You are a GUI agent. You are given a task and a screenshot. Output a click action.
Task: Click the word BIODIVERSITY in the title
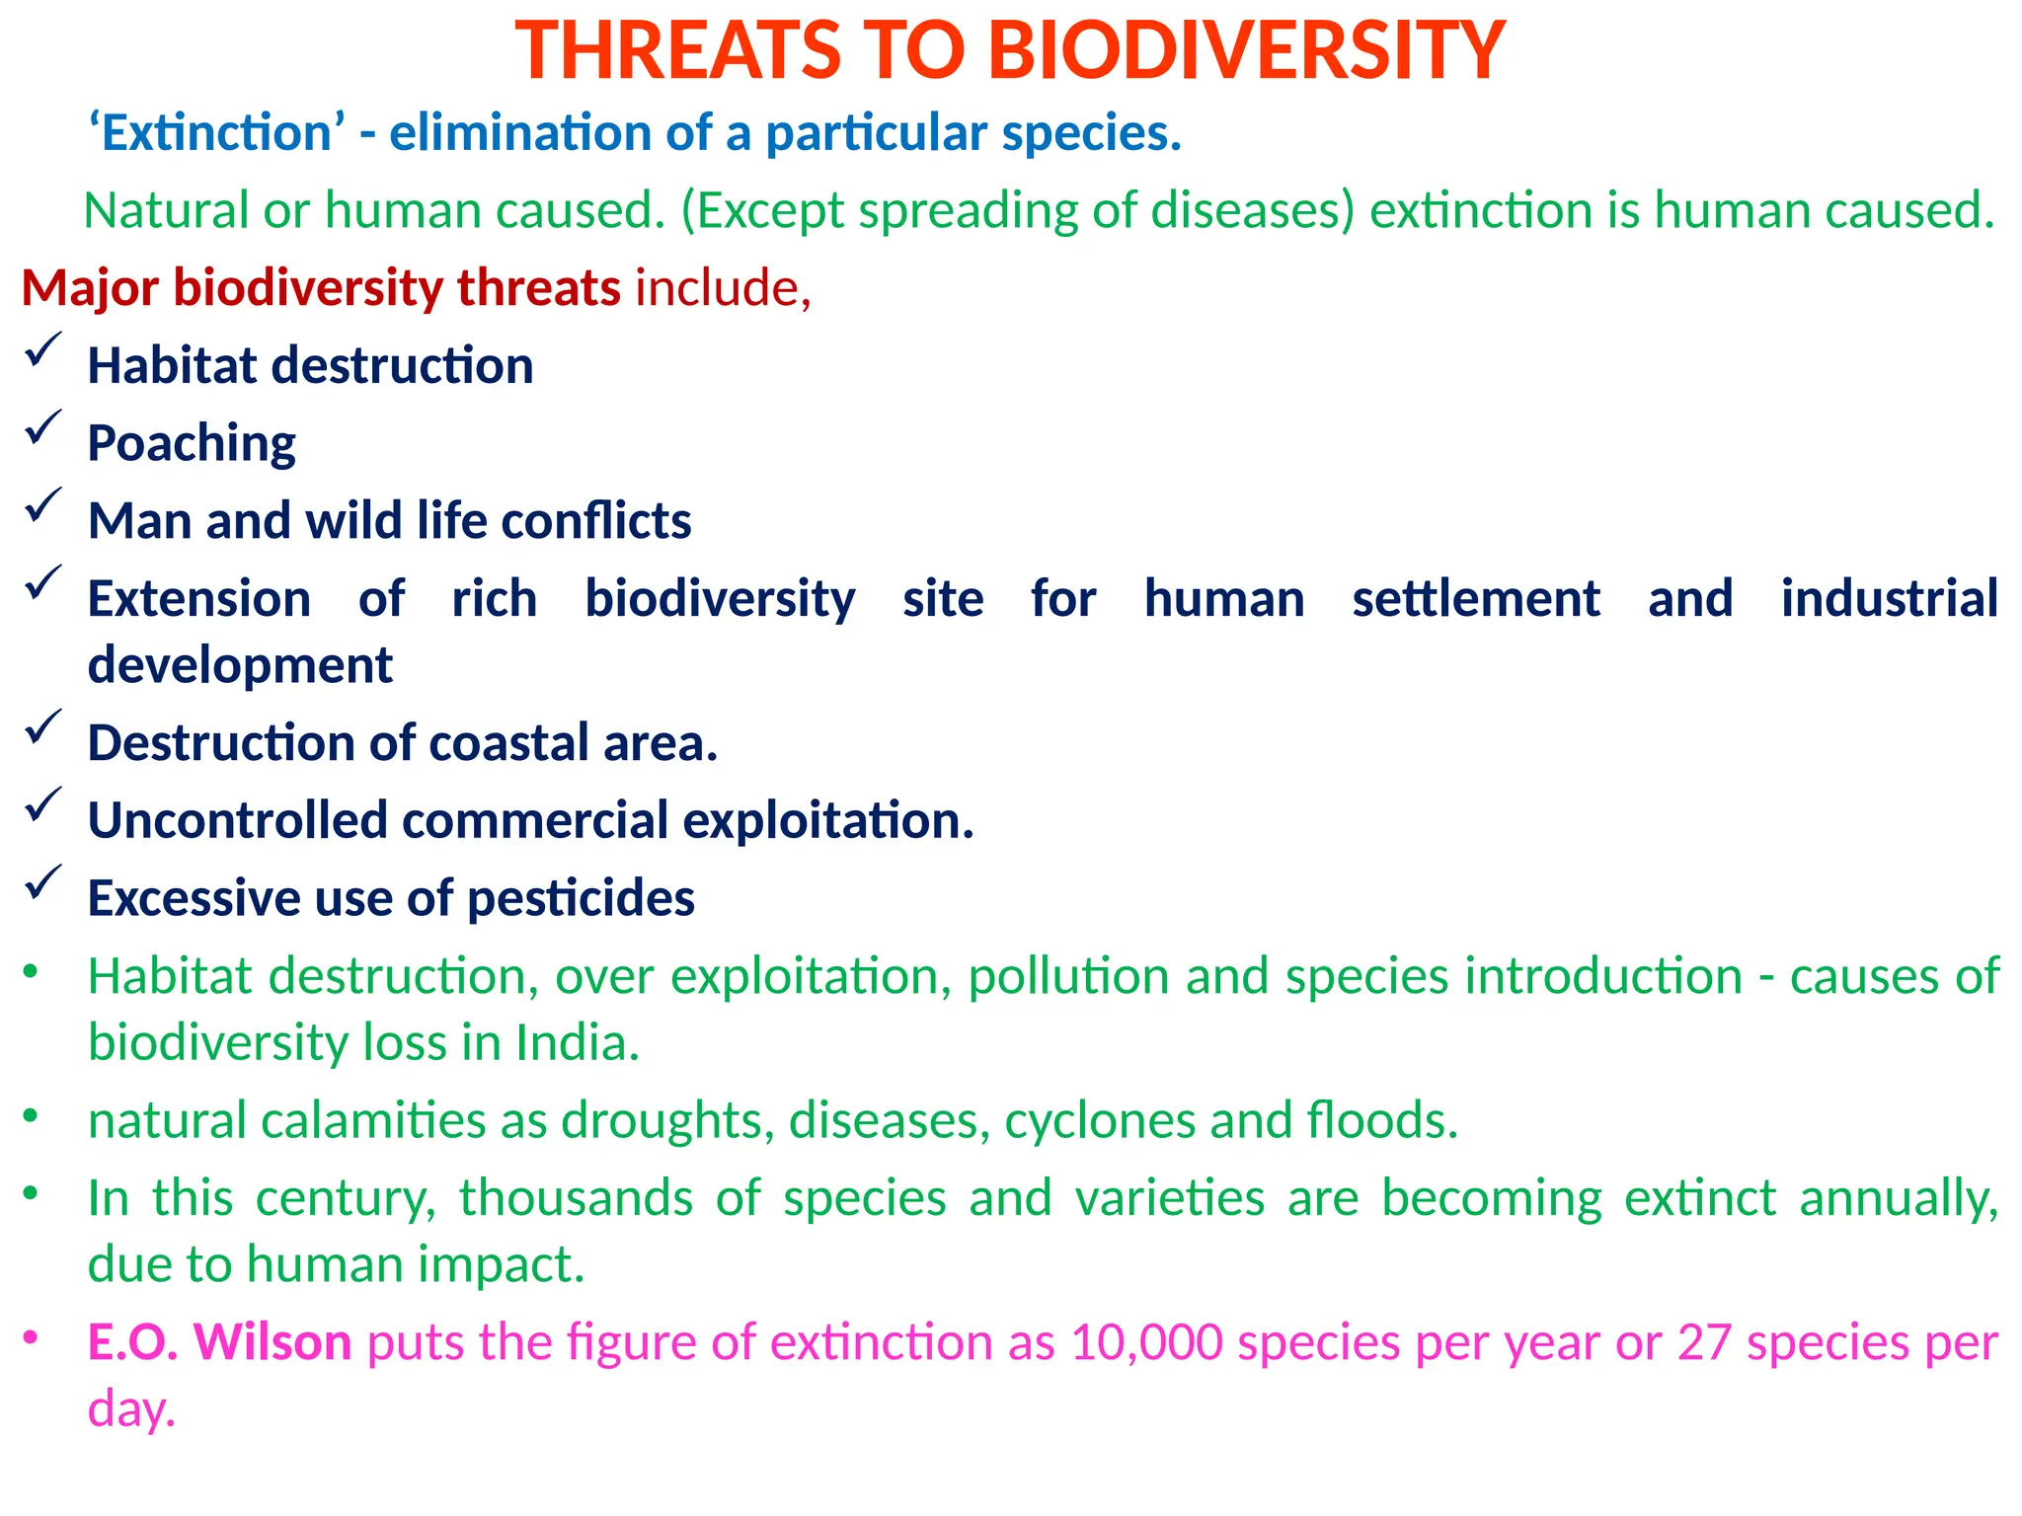coord(1246,51)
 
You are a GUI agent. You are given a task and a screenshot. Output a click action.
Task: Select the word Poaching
coord(192,443)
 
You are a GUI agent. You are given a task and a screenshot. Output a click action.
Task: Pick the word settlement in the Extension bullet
coord(1475,599)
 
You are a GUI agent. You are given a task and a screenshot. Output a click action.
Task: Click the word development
coord(240,665)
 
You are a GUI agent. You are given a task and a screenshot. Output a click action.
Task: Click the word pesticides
coord(581,899)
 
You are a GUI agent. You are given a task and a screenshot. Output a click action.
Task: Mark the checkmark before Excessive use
coord(43,882)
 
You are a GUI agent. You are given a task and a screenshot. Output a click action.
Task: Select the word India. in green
coord(578,1043)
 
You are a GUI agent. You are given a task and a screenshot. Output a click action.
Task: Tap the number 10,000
coord(1146,1342)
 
